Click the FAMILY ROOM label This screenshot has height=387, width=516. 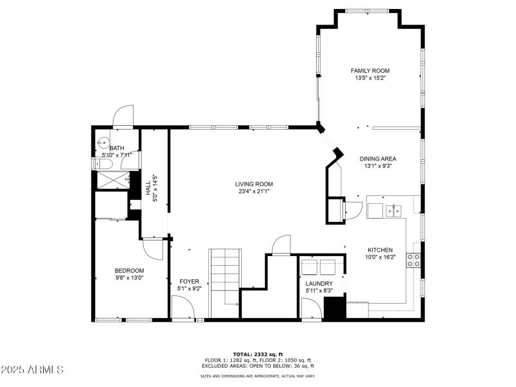coord(370,71)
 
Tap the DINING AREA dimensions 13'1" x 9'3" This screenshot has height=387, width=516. coord(377,166)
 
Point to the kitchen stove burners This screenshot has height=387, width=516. coord(413,260)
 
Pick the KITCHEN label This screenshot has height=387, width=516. coord(380,250)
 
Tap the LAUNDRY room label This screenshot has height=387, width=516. coord(319,284)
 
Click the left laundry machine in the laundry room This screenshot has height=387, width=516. coord(310,266)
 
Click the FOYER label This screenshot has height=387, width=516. coord(189,281)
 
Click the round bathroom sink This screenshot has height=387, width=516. coord(102,144)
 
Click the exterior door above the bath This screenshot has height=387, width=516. coord(123,117)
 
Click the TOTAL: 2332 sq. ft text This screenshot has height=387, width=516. coord(257,354)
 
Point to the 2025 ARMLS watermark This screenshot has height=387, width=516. coord(32,370)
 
